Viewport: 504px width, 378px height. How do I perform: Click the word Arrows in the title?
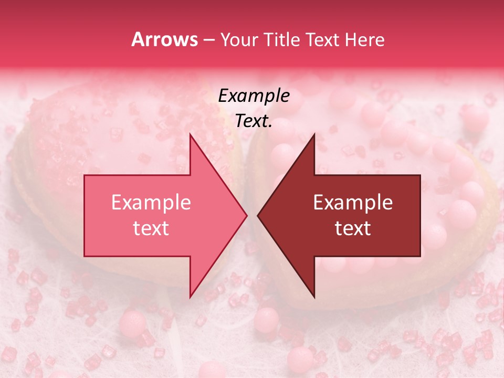coord(165,39)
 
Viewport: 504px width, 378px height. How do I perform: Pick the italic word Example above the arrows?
coord(254,96)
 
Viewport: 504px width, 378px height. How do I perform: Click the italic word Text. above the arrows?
coord(254,121)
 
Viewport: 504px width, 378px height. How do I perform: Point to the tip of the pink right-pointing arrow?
coord(247,215)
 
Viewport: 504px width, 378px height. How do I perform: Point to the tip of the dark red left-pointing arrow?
coord(257,215)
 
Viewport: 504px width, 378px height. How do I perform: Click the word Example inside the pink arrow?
coord(151,203)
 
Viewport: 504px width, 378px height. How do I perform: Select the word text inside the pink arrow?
coord(151,228)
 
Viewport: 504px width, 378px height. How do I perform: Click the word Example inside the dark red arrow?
coord(353,203)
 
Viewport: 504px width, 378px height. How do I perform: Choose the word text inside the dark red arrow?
coord(353,228)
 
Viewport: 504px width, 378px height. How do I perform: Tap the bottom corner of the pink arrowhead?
coord(190,297)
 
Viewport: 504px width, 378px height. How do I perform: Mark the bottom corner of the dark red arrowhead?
coord(314,297)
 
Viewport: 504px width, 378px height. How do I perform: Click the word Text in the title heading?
coord(326,39)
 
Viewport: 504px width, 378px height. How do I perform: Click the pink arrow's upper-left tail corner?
coord(85,175)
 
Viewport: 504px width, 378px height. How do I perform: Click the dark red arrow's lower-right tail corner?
coord(420,256)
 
